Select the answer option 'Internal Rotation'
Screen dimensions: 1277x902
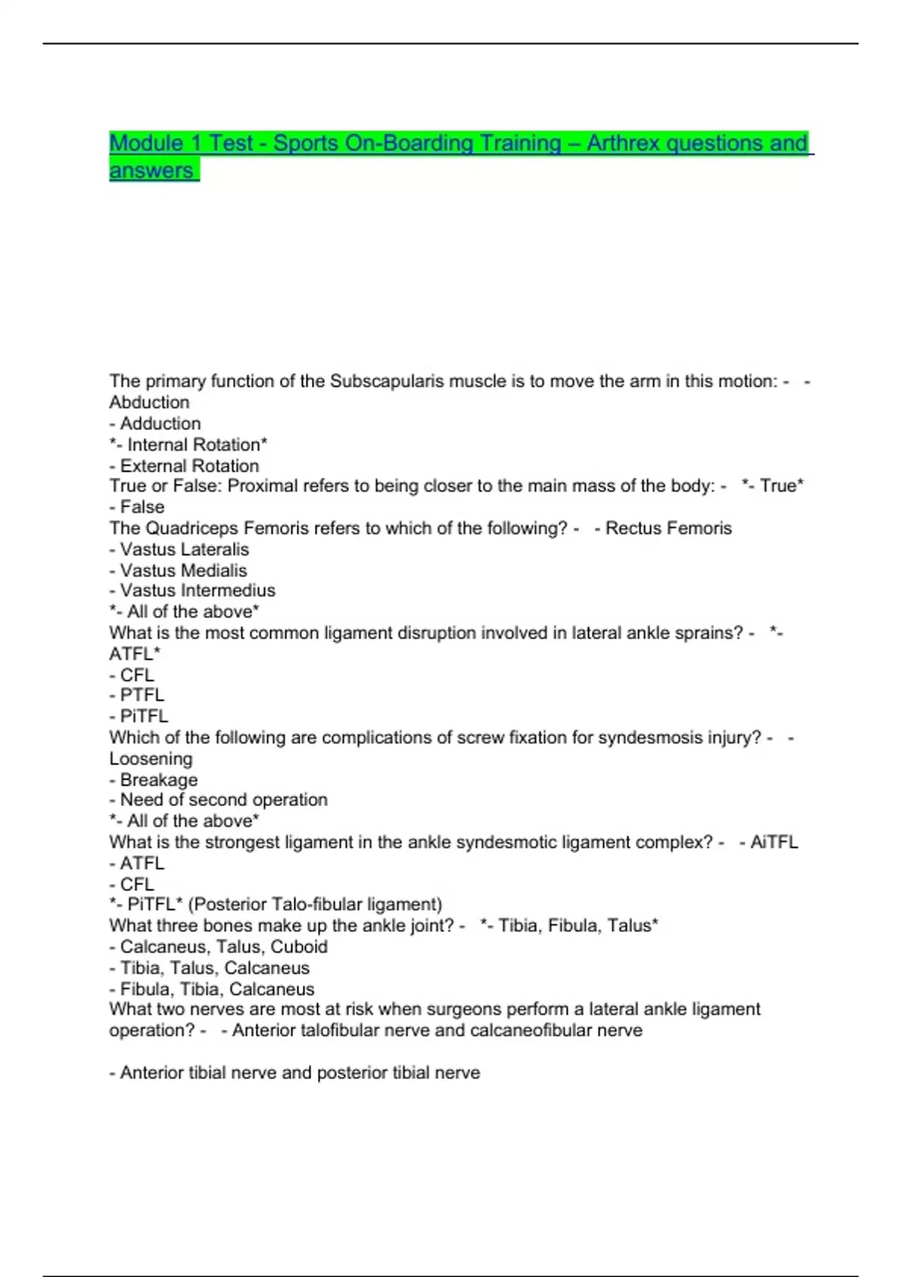click(x=192, y=445)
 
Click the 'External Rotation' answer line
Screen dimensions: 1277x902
click(x=189, y=466)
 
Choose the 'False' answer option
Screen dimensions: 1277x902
click(x=141, y=507)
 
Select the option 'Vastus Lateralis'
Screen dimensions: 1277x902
click(x=184, y=549)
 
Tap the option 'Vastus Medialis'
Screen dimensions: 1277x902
click(x=183, y=570)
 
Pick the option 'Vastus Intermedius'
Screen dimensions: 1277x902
click(x=197, y=590)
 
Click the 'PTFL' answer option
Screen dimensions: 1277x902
click(x=141, y=695)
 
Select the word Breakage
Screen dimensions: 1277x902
click(x=158, y=780)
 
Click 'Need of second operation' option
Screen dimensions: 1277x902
click(x=223, y=799)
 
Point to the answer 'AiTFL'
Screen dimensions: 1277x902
click(x=773, y=842)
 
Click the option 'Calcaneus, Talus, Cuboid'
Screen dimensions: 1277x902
click(x=223, y=946)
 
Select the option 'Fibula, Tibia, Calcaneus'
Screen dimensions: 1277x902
click(x=216, y=989)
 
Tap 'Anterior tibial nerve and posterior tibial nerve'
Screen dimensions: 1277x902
click(x=299, y=1073)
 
